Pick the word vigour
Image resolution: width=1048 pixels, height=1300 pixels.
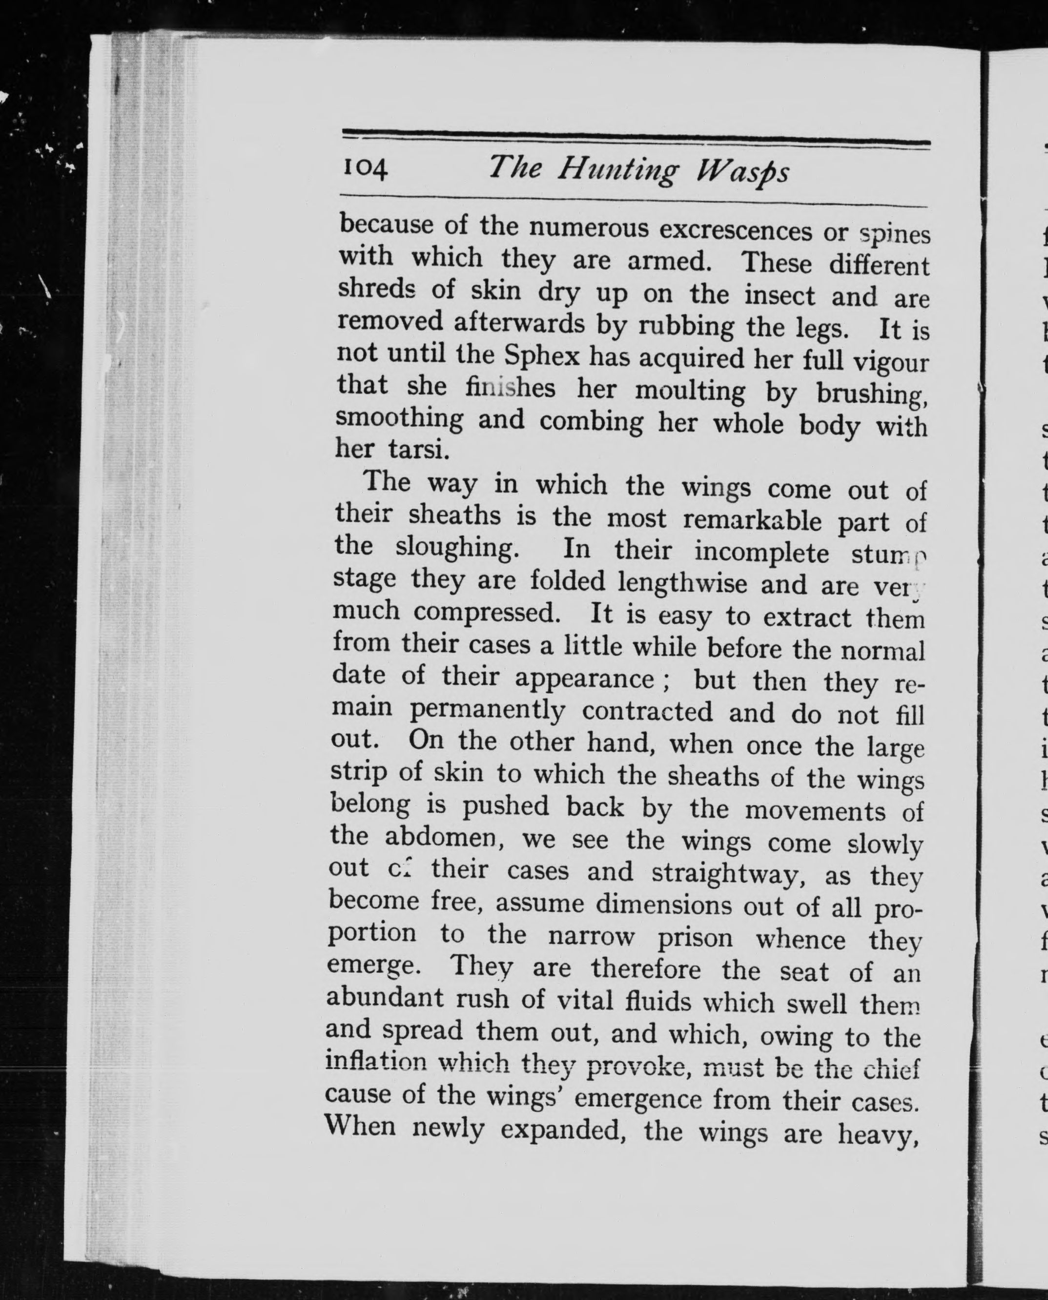pyautogui.click(x=888, y=363)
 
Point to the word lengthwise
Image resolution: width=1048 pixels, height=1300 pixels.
pyautogui.click(x=681, y=583)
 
